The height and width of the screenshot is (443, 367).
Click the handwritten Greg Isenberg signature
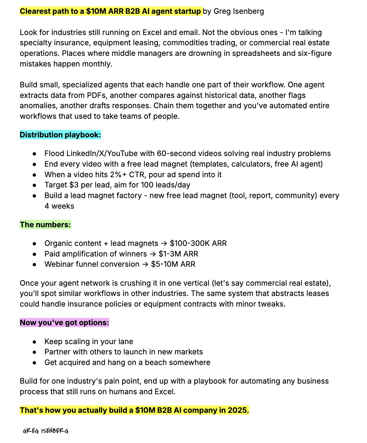pyautogui.click(x=46, y=431)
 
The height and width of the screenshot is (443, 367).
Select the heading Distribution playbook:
pyautogui.click(x=60, y=135)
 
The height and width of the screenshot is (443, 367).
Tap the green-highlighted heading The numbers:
pyautogui.click(x=45, y=225)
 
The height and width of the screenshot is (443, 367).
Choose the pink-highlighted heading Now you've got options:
pyautogui.click(x=64, y=323)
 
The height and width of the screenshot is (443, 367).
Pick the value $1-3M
pyautogui.click(x=169, y=254)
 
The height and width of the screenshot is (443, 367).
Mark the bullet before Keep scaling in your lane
pyautogui.click(x=34, y=342)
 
